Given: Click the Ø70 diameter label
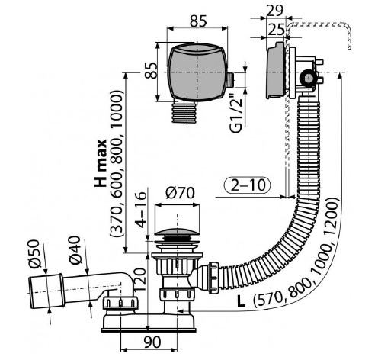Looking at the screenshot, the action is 180,193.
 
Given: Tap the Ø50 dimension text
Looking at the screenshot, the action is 34,254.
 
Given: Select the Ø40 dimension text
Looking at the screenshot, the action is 75,251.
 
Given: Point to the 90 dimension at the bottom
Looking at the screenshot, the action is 152,342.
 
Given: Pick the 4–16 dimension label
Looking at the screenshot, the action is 140,209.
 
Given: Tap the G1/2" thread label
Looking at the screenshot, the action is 236,114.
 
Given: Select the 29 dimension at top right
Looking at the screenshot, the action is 274,11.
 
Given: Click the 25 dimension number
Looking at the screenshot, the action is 276,30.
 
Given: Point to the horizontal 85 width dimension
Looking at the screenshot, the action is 198,21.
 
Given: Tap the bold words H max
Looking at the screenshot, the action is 101,163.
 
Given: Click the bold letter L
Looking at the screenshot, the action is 241,301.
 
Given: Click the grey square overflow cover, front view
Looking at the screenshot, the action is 197,72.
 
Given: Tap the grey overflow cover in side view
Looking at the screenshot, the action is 276,71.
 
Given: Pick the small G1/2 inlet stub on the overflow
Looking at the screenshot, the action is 230,79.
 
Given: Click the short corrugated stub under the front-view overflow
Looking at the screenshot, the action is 184,113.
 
